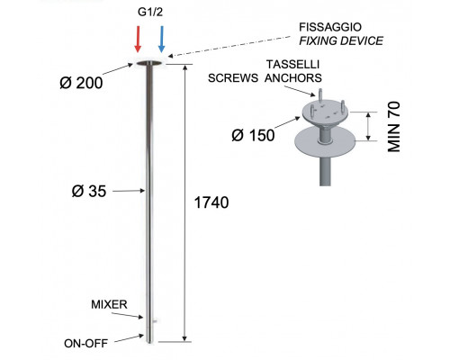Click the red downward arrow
[138, 39]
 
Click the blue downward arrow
[161, 39]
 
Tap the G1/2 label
[150, 12]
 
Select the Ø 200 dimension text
[81, 83]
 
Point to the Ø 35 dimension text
[89, 191]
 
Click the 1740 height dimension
[211, 202]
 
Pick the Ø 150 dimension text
[253, 135]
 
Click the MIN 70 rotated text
[394, 127]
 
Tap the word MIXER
[109, 304]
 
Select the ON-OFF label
[85, 344]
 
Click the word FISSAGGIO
[330, 27]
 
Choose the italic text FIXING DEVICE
[341, 40]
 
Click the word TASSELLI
[293, 65]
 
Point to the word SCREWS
[233, 78]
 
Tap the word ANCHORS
[293, 78]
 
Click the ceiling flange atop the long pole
[149, 63]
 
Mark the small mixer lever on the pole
[155, 321]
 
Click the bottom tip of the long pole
[149, 342]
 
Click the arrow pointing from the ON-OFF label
[129, 338]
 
